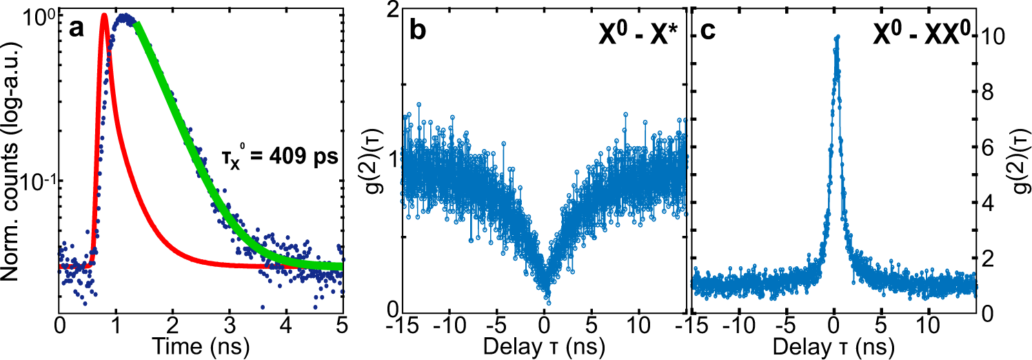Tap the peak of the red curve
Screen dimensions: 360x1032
pos(104,15)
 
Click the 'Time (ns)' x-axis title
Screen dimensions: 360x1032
pos(201,343)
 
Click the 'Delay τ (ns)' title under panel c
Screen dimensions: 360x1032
pos(836,343)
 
